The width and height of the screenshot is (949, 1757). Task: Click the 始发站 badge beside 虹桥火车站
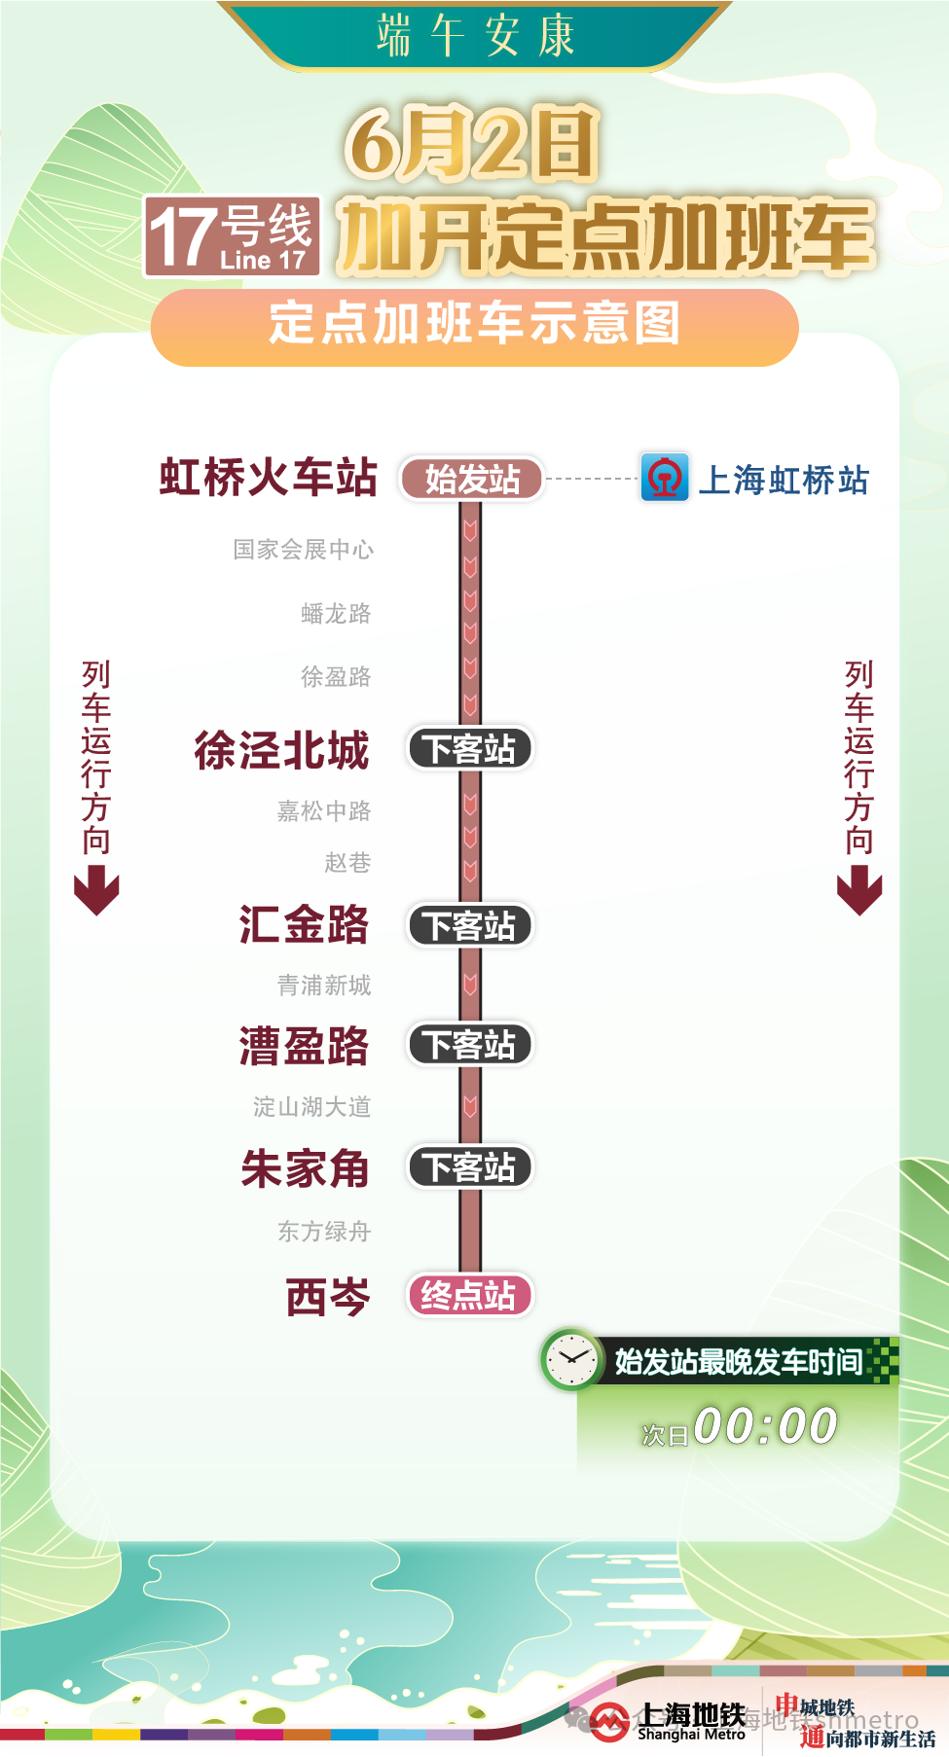click(x=472, y=480)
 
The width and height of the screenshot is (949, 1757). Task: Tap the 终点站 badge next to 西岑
click(x=469, y=1296)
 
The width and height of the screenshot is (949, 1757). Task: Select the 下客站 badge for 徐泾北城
click(x=470, y=749)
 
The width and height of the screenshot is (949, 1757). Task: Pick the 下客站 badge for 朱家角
click(x=470, y=1167)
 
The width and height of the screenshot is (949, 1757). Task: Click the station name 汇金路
click(x=304, y=925)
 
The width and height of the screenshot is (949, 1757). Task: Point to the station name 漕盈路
click(x=304, y=1046)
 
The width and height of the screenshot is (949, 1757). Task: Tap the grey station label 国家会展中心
click(x=304, y=550)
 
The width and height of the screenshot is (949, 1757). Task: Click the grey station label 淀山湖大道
click(x=311, y=1107)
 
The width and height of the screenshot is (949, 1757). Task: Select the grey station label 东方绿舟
click(x=324, y=1232)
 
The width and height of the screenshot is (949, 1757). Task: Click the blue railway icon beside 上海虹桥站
click(x=665, y=478)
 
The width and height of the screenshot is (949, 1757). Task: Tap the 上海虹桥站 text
click(x=784, y=481)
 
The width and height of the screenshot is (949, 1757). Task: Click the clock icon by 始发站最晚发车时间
click(x=571, y=1359)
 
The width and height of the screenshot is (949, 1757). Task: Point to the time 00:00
click(x=765, y=1427)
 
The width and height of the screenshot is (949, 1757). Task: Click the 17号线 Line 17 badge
click(x=232, y=237)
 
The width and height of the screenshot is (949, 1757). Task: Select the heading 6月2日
click(x=472, y=144)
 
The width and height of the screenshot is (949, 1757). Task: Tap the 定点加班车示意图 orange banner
click(x=474, y=324)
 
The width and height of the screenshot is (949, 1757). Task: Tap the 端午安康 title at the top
click(x=475, y=36)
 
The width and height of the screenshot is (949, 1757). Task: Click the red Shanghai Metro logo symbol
click(x=609, y=1723)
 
